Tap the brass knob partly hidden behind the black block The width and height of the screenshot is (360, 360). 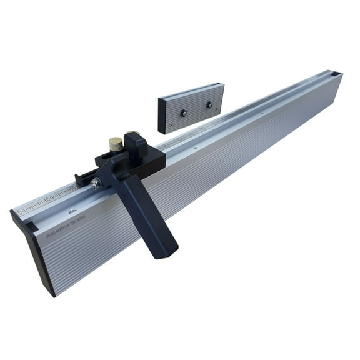click(131, 133)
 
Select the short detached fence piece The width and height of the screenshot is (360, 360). click(191, 106)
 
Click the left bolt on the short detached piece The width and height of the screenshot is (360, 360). click(184, 112)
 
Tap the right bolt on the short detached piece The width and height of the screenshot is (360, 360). click(210, 104)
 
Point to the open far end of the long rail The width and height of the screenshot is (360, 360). click(334, 76)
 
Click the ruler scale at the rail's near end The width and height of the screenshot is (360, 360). click(47, 201)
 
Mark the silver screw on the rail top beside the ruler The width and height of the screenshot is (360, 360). click(74, 211)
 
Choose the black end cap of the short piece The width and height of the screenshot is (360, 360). click(162, 115)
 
